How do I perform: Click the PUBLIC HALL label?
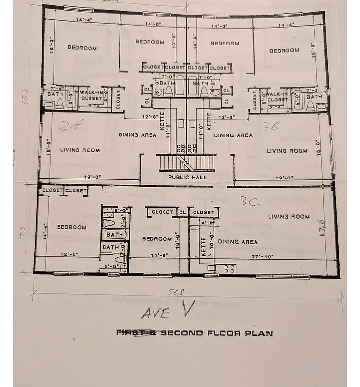[x=187, y=177]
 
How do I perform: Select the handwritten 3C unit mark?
[x=251, y=201]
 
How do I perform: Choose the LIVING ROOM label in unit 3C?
[x=289, y=216]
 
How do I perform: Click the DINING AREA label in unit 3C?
[x=238, y=241]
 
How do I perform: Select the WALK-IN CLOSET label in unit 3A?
[x=91, y=95]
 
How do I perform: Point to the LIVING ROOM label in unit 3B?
[x=287, y=150]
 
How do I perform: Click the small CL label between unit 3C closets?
[x=182, y=212]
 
